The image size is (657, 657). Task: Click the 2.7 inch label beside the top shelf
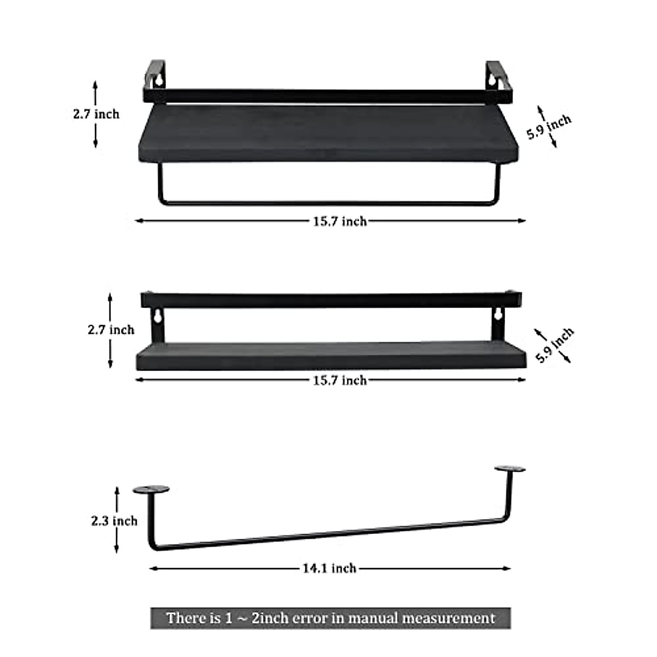[96, 114]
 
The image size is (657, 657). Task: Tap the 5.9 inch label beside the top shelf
[549, 127]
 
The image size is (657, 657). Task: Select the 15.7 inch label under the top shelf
[340, 222]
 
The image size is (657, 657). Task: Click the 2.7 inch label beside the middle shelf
[111, 330]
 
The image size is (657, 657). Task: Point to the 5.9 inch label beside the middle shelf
[555, 345]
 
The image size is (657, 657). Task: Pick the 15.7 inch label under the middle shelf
[340, 380]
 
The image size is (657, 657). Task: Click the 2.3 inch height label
[114, 531]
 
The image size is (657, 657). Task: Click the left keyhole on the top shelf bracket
[158, 80]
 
